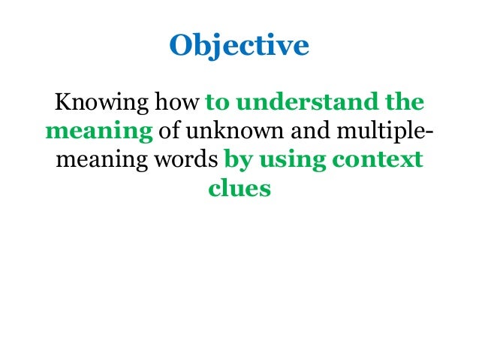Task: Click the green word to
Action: click(x=216, y=102)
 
